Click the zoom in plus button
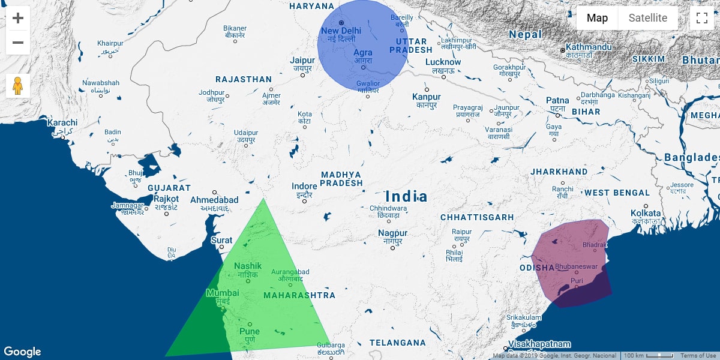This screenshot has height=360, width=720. pyautogui.click(x=18, y=18)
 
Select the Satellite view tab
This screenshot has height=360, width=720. pyautogui.click(x=647, y=18)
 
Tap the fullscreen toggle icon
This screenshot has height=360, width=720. pyautogui.click(x=702, y=18)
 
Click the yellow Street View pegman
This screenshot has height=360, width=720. pyautogui.click(x=18, y=86)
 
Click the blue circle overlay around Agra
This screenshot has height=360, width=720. pyautogui.click(x=362, y=45)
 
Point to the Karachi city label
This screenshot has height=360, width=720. pyautogui.click(x=62, y=122)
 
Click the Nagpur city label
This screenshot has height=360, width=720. pyautogui.click(x=392, y=233)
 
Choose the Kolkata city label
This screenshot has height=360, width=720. pyautogui.click(x=645, y=214)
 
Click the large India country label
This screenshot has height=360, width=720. pyautogui.click(x=406, y=196)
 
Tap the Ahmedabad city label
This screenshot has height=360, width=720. pyautogui.click(x=214, y=200)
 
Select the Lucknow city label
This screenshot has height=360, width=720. pyautogui.click(x=443, y=62)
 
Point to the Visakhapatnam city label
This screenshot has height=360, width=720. pyautogui.click(x=539, y=344)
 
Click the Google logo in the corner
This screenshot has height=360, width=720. pyautogui.click(x=22, y=352)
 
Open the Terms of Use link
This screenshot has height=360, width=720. pyautogui.click(x=698, y=356)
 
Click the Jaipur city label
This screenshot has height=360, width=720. pyautogui.click(x=302, y=61)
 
